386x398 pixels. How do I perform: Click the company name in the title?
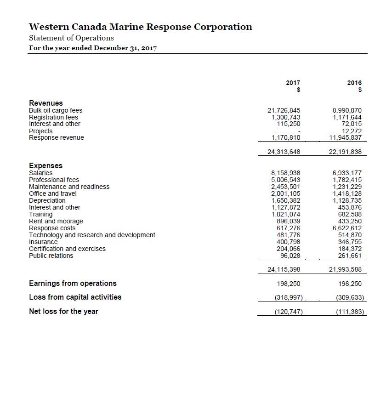click(140, 27)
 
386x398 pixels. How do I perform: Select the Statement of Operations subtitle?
click(71, 38)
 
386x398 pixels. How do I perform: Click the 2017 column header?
click(293, 83)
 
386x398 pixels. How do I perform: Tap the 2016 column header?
click(354, 83)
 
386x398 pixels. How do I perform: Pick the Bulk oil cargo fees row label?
click(56, 110)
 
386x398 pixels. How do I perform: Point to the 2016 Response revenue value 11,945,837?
click(346, 137)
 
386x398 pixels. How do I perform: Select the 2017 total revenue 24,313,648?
click(284, 152)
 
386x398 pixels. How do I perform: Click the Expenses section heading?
click(46, 165)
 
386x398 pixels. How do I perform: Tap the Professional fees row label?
click(54, 180)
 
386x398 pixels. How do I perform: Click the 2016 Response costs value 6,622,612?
click(347, 228)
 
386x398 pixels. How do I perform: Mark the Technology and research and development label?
click(92, 235)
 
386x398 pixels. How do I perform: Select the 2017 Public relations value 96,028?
click(290, 256)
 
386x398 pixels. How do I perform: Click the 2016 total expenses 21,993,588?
click(346, 269)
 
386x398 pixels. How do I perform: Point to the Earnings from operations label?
click(73, 283)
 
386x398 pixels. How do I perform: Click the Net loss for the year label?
click(63, 311)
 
